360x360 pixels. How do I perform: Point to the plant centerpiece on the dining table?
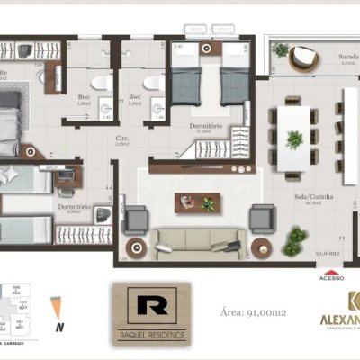point(293,139)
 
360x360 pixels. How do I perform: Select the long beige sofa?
point(199,240)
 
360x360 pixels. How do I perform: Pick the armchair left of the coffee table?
point(136,219)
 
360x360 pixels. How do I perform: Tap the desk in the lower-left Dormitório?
point(66,178)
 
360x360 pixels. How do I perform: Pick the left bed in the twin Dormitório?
point(186,74)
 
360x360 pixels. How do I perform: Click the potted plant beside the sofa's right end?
point(294,238)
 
